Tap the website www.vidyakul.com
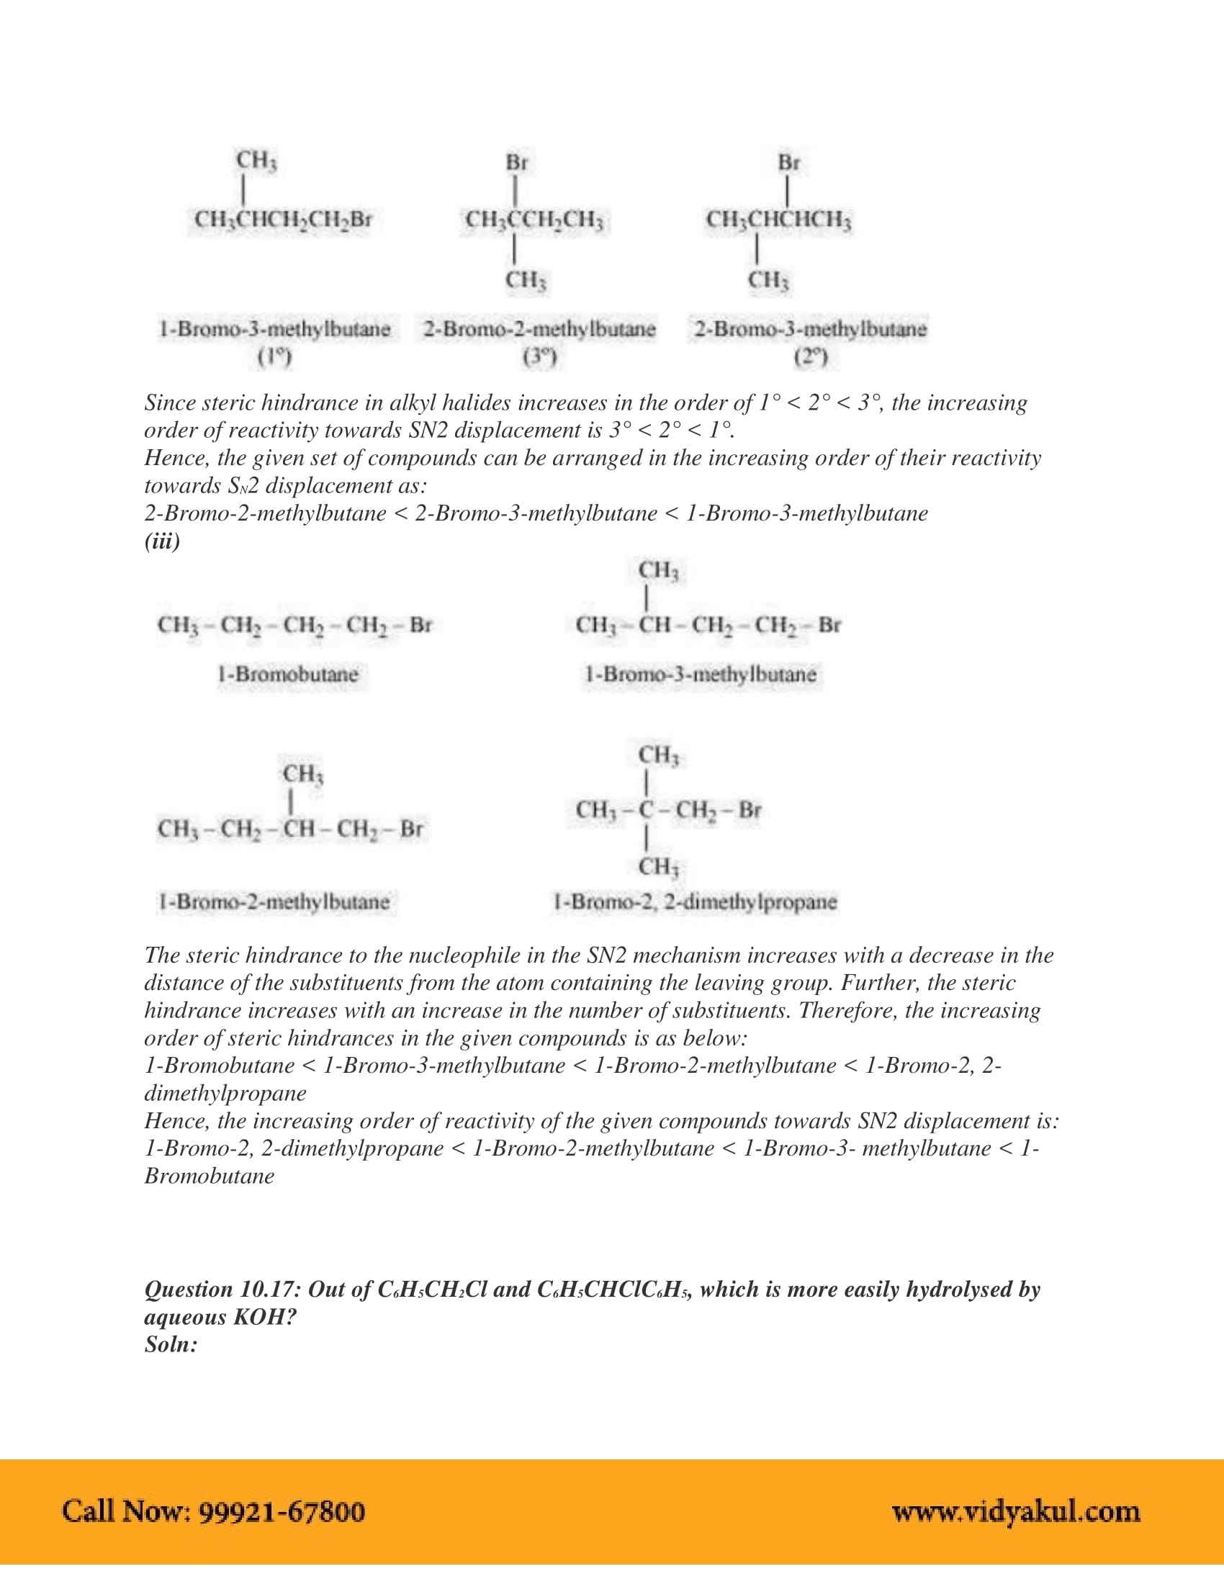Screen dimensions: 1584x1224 [x=1015, y=1511]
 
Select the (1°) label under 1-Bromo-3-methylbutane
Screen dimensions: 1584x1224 [x=274, y=357]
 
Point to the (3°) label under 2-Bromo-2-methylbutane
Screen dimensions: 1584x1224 [x=539, y=357]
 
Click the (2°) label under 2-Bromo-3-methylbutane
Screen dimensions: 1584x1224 [x=810, y=357]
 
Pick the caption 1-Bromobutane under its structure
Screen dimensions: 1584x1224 [x=288, y=674]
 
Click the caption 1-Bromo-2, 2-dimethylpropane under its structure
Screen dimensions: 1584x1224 [x=695, y=901]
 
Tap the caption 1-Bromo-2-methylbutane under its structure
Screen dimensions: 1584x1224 [x=274, y=901]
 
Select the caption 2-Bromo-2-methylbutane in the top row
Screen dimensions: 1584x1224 [x=539, y=328]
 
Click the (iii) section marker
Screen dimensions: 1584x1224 [x=162, y=541]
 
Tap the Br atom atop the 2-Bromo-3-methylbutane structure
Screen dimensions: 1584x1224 [x=788, y=163]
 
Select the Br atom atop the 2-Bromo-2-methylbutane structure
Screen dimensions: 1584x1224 [x=516, y=163]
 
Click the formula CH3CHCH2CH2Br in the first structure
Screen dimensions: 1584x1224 [x=283, y=219]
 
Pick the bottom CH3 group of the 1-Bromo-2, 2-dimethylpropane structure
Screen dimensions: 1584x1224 [x=658, y=867]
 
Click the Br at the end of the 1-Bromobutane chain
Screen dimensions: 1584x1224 [x=420, y=624]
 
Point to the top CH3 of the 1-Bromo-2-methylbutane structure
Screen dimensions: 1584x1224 [x=303, y=774]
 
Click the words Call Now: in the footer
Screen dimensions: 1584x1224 [x=126, y=1511]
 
